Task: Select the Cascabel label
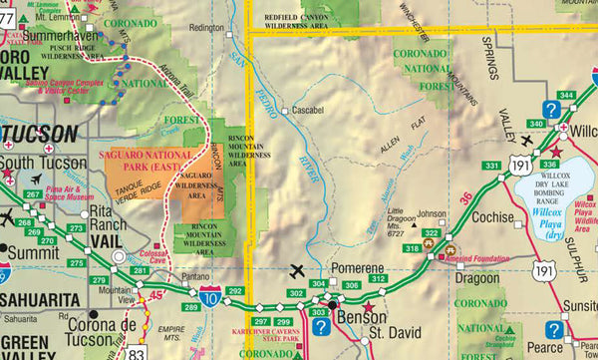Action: pyautogui.click(x=307, y=111)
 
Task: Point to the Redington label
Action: pyautogui.click(x=205, y=28)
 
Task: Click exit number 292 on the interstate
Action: pyautogui.click(x=235, y=291)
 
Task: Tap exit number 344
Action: pyautogui.click(x=567, y=95)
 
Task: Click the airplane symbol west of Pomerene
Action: pyautogui.click(x=296, y=269)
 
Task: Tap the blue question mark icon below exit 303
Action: pyautogui.click(x=321, y=327)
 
